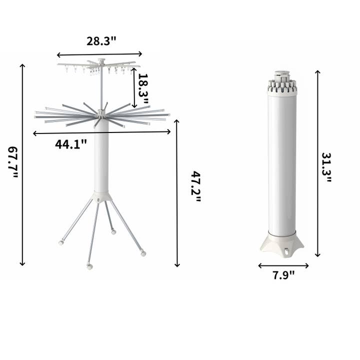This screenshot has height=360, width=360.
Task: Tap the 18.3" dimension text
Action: (143, 87)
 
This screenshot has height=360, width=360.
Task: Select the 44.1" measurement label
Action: (71, 144)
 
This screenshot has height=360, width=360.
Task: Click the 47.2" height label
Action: (195, 186)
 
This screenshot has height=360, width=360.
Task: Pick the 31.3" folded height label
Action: (325, 167)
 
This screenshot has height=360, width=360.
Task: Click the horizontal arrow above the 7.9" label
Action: (283, 265)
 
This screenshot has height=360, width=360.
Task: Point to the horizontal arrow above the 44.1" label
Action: (102, 132)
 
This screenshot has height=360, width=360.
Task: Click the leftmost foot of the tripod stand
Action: (61, 242)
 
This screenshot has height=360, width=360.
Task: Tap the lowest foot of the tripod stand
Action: (89, 266)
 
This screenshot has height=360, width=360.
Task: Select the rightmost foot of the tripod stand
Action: (143, 253)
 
